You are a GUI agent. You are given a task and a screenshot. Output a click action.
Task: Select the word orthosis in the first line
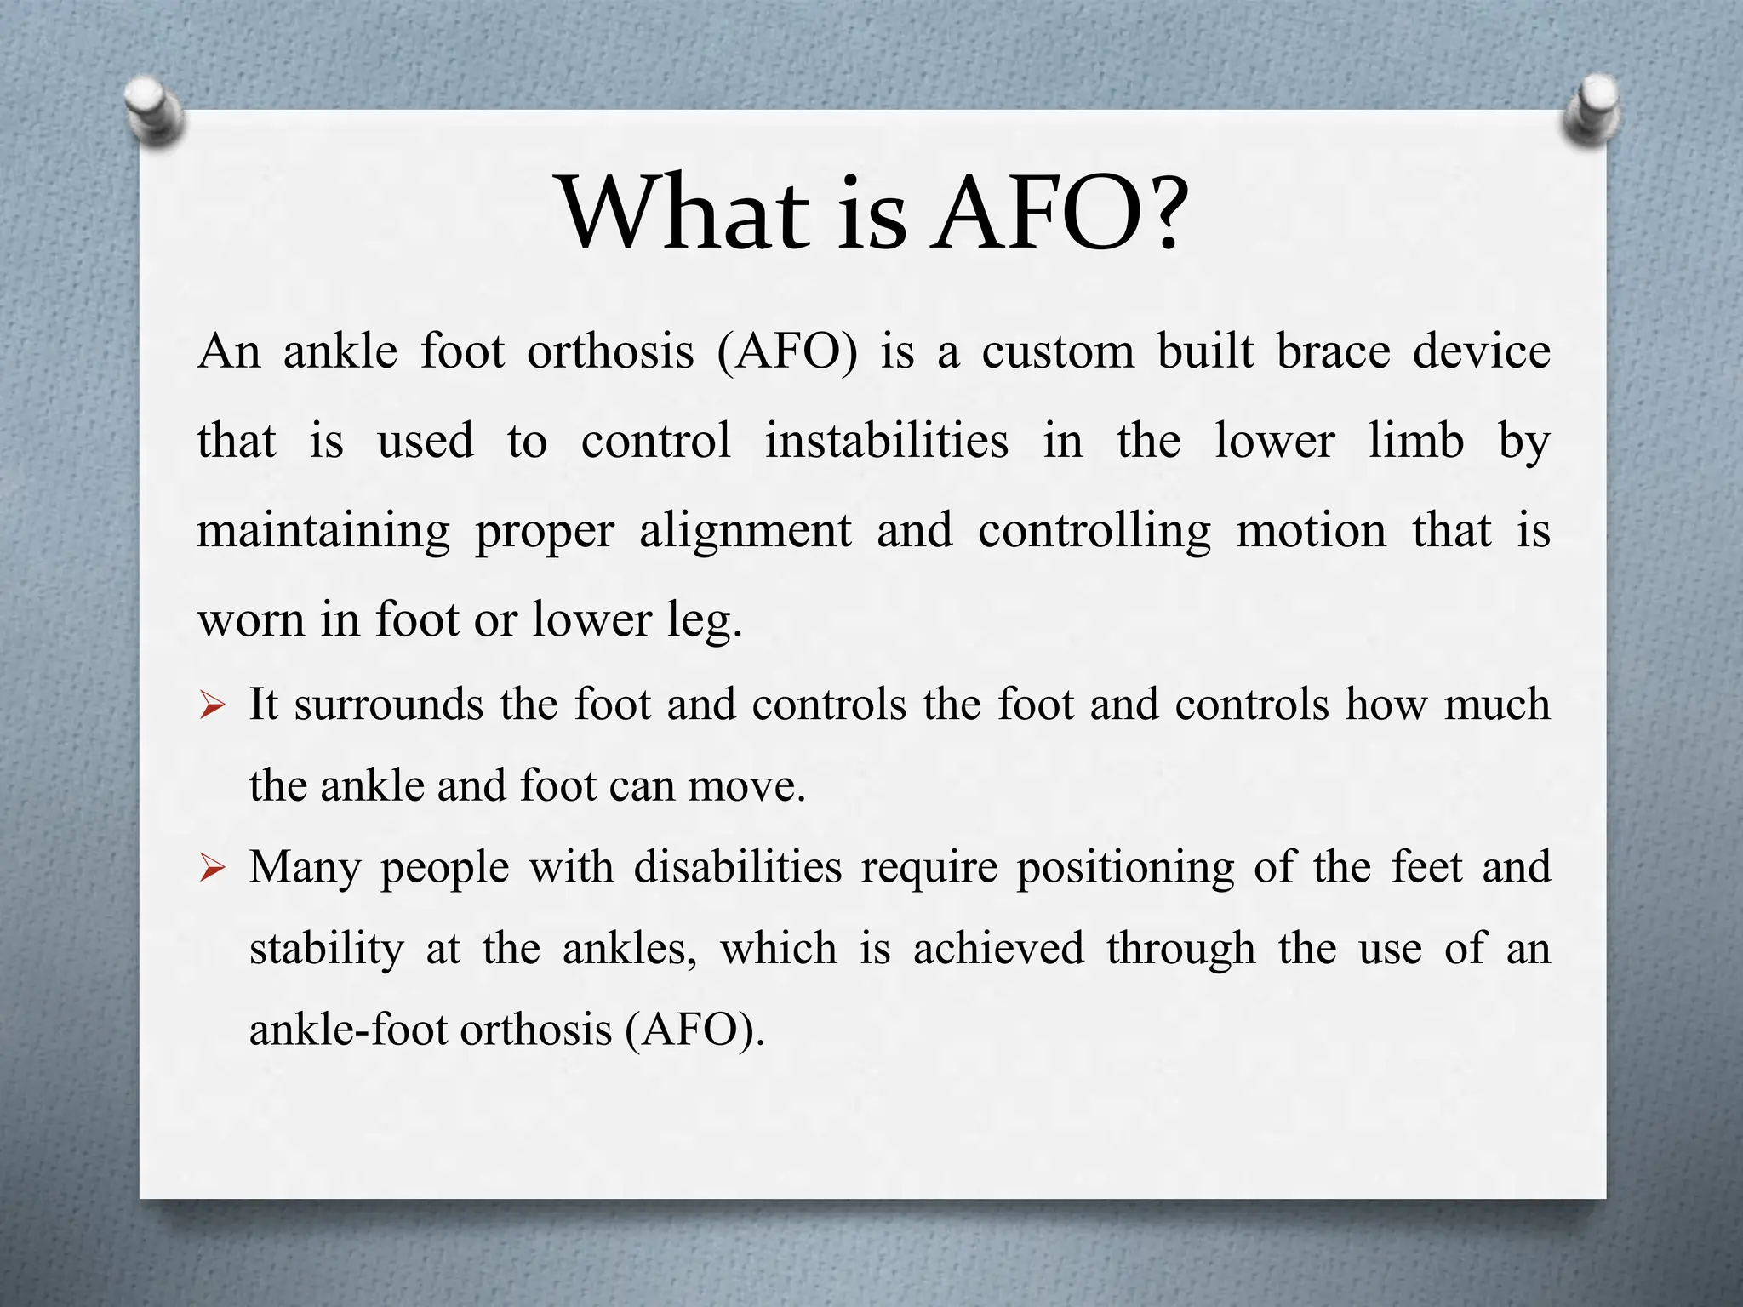click(x=610, y=351)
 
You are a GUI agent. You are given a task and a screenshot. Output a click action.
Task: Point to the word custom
click(x=1058, y=351)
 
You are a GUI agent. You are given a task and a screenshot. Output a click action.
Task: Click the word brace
click(x=1333, y=351)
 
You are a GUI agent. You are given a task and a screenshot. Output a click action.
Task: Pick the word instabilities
click(x=886, y=441)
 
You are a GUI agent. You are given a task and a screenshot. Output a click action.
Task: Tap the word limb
click(x=1416, y=441)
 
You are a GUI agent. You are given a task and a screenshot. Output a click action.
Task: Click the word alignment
click(x=745, y=532)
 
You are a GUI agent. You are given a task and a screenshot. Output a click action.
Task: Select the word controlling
click(x=1094, y=532)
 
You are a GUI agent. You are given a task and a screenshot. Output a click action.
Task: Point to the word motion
click(x=1312, y=530)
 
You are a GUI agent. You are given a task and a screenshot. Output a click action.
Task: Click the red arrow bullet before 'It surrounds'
click(x=212, y=705)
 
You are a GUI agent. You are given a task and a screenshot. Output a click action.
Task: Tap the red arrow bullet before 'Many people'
click(x=212, y=868)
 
